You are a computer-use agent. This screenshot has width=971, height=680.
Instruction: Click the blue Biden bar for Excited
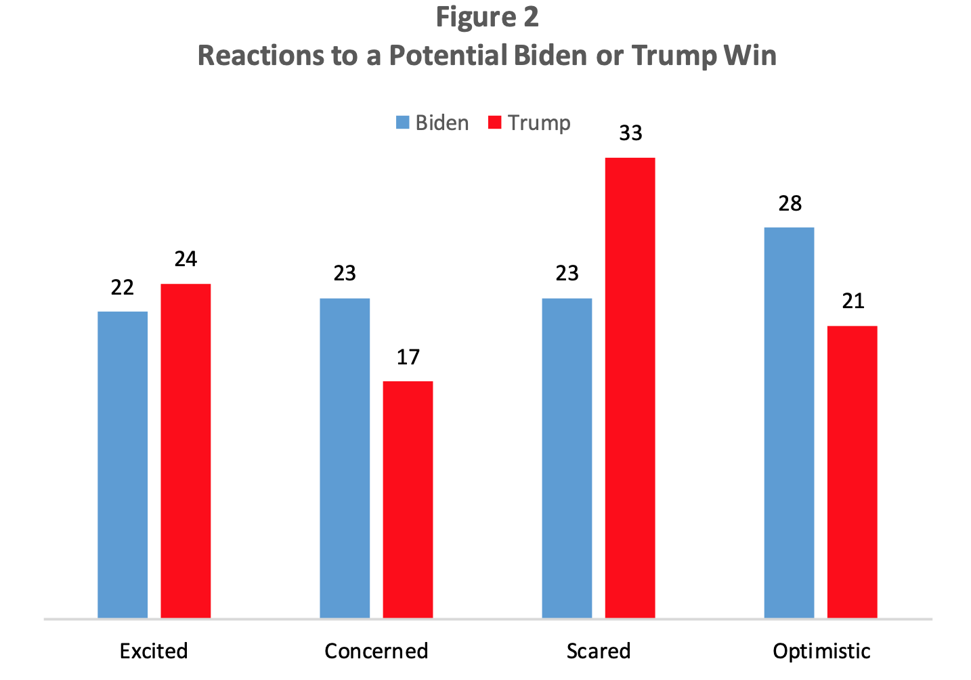coord(123,465)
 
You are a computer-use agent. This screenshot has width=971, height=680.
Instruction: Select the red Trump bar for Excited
coord(186,450)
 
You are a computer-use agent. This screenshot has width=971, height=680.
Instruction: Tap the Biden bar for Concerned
coord(345,458)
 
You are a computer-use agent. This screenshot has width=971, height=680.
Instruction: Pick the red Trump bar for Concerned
coord(408,499)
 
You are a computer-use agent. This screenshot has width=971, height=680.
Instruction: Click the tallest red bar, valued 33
coord(630,387)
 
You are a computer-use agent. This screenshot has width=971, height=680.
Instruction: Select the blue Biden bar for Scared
coord(567,458)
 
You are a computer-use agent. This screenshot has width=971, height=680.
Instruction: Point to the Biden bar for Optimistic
coord(789,423)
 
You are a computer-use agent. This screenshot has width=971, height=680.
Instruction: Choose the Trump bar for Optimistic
coord(852,472)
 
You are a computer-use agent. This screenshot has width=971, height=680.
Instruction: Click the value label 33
coord(630,133)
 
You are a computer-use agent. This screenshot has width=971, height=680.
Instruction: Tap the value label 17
coord(408,357)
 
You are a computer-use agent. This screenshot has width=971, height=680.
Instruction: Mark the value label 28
coord(790,203)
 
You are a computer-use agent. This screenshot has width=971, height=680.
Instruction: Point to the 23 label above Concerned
coord(345,273)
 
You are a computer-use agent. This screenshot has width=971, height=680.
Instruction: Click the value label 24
coord(186,259)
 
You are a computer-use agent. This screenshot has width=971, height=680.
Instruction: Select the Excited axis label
coord(154,651)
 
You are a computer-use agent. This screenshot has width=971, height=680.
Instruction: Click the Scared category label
coord(599,651)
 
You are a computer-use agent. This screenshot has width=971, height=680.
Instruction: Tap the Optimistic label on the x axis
coord(821,651)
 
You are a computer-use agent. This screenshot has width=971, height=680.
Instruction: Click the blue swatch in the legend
coord(403,123)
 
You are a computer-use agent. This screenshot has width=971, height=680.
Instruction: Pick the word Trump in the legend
coord(539,123)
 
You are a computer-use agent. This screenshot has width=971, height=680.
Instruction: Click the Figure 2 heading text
coord(487,17)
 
